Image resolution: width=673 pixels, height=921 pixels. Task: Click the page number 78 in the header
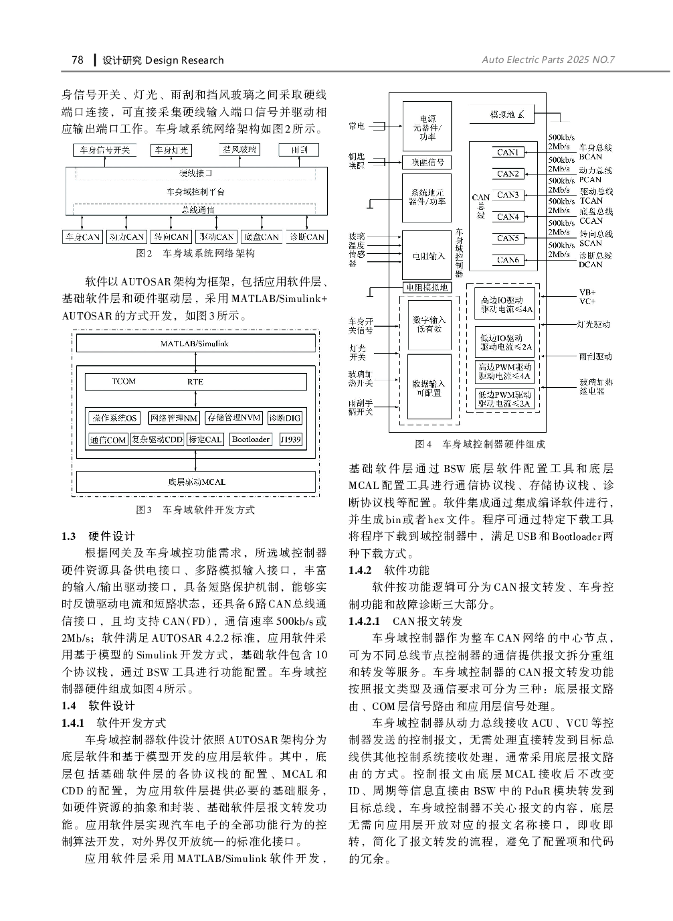[77, 60]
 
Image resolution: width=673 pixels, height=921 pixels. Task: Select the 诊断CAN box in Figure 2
[306, 236]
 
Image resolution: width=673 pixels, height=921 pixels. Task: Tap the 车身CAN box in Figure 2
[82, 236]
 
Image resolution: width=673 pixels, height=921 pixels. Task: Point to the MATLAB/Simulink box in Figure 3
[195, 344]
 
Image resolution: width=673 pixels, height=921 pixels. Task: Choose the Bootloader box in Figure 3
[251, 439]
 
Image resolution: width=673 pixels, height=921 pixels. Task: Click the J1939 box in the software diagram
[291, 439]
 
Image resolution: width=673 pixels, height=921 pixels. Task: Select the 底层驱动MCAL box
[196, 482]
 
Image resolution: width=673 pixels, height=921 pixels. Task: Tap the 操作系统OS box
[114, 418]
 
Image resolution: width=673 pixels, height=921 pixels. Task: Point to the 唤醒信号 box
[427, 162]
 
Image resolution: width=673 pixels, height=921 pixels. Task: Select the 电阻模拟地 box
[427, 287]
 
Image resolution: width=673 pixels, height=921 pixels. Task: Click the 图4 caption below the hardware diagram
[480, 444]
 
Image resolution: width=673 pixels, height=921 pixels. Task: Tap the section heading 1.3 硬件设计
[98, 536]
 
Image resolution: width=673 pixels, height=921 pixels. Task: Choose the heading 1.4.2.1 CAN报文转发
[405, 621]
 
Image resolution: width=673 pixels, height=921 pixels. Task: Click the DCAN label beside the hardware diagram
[591, 265]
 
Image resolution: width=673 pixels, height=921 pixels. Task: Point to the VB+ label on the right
[587, 293]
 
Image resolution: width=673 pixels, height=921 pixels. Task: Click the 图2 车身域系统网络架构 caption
[195, 254]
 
